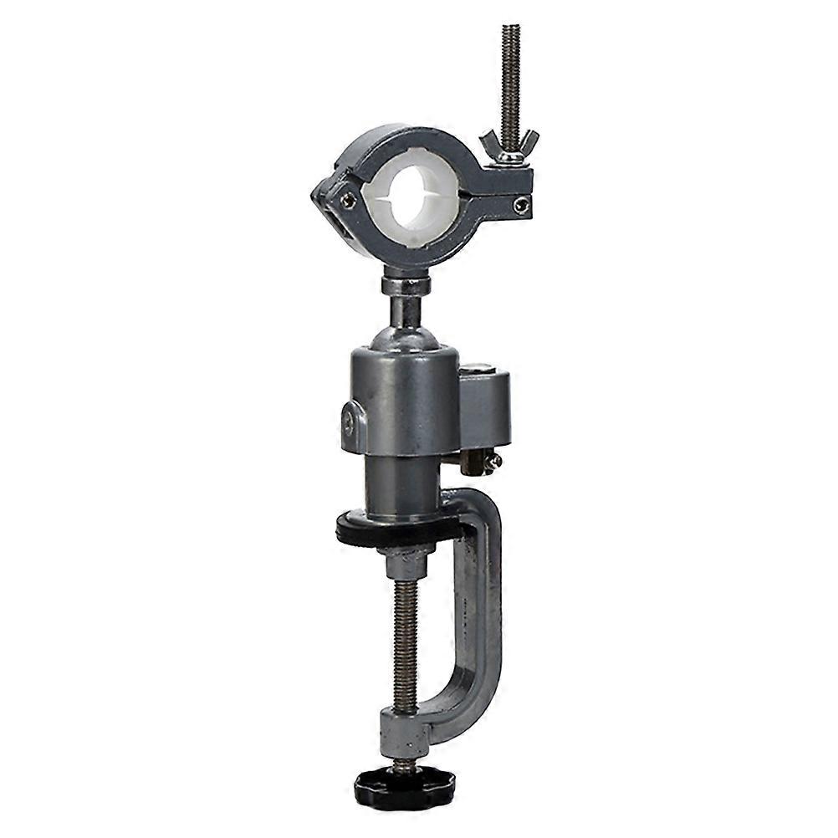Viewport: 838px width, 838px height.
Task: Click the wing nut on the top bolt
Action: (509, 145)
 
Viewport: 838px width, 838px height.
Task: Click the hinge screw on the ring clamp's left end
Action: (347, 200)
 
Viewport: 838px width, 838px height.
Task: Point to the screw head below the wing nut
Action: (522, 205)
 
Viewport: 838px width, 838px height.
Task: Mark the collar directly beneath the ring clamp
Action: (406, 285)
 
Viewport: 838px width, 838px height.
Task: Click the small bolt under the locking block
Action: (485, 461)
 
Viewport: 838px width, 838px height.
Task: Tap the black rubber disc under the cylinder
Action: (398, 529)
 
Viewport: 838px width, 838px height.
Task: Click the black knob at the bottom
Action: (404, 785)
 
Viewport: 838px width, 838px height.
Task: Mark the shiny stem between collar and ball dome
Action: (405, 310)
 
